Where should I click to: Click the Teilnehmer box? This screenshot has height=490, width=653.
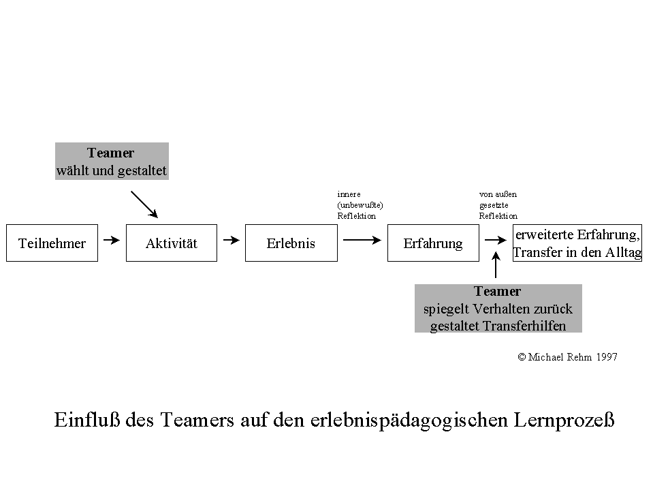[52, 243]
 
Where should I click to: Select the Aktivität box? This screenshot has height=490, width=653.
[172, 243]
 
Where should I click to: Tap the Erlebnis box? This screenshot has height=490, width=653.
[291, 243]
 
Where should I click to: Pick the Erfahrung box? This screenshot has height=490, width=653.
[433, 243]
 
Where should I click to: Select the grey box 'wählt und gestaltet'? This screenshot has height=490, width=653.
[112, 162]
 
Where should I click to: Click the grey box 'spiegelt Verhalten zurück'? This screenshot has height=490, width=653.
[498, 309]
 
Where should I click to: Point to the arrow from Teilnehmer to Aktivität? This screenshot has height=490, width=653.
[111, 240]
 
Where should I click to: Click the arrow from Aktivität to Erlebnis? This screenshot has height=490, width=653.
[232, 240]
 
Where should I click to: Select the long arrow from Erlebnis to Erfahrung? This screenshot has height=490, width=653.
[362, 240]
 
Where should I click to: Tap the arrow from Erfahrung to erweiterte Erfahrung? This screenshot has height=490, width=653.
[493, 240]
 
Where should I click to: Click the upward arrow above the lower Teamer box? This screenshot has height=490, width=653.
[496, 264]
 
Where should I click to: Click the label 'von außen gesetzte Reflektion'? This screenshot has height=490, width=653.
[498, 205]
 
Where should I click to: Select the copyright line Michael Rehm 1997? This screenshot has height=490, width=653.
[567, 357]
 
